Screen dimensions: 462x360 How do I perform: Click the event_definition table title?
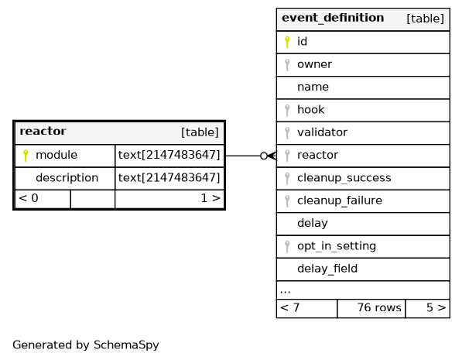point(333,18)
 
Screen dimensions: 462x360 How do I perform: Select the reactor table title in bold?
point(43,131)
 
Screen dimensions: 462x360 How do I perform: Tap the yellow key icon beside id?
point(287,42)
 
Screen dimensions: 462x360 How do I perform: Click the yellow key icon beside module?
point(26,156)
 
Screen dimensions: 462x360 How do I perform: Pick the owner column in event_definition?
point(314,64)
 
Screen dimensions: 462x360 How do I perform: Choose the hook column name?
point(311,110)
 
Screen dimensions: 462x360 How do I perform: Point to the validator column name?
point(323,132)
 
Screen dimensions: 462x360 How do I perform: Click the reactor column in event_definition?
point(317,155)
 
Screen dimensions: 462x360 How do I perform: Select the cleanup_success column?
point(344,178)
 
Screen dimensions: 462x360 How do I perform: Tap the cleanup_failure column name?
point(340,201)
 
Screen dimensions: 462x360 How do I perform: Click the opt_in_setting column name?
point(337,246)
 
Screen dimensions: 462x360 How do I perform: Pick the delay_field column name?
point(327,269)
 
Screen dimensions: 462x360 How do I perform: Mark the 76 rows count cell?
point(371,309)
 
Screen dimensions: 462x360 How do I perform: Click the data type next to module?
point(169,155)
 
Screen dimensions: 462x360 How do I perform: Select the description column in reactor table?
point(67,178)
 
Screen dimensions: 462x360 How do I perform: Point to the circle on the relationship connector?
point(264,156)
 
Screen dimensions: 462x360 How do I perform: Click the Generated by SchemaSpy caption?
point(86,345)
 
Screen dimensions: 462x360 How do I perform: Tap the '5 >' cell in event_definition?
point(428,309)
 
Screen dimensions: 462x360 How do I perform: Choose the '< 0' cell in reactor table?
point(43,199)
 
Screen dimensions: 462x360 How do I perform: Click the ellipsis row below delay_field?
point(363,290)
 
